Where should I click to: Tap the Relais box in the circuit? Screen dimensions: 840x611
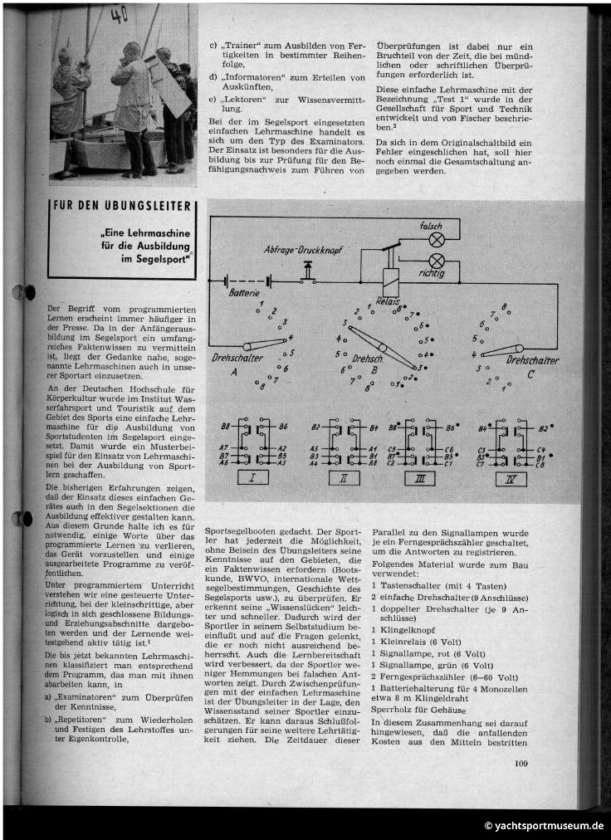point(389,279)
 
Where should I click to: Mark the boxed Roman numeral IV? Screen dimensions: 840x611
point(510,478)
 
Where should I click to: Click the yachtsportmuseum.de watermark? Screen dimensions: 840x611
point(545,825)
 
